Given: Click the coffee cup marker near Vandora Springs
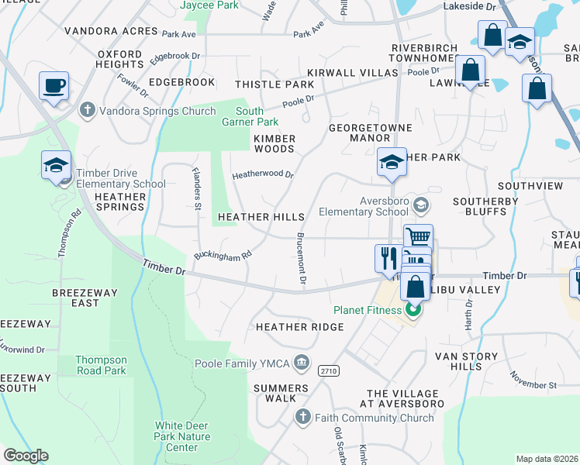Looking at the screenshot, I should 54,86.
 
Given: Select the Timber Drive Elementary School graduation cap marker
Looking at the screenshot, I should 56,166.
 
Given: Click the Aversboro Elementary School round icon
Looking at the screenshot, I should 421,205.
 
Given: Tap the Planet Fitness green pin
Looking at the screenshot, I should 413,311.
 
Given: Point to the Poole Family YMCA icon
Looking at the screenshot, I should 302,363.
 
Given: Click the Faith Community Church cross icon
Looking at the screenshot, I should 304,418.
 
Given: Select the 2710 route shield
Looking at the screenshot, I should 328,371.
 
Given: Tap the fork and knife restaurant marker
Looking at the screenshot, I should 388,258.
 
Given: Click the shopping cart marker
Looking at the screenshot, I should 418,237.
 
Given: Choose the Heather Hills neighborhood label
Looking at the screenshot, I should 261,218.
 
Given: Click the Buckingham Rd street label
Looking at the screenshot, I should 223,255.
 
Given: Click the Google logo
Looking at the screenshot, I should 26,456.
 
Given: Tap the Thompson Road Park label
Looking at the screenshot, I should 101,365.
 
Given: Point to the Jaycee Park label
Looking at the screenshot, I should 209,5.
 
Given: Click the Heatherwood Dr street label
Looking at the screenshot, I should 263,175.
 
